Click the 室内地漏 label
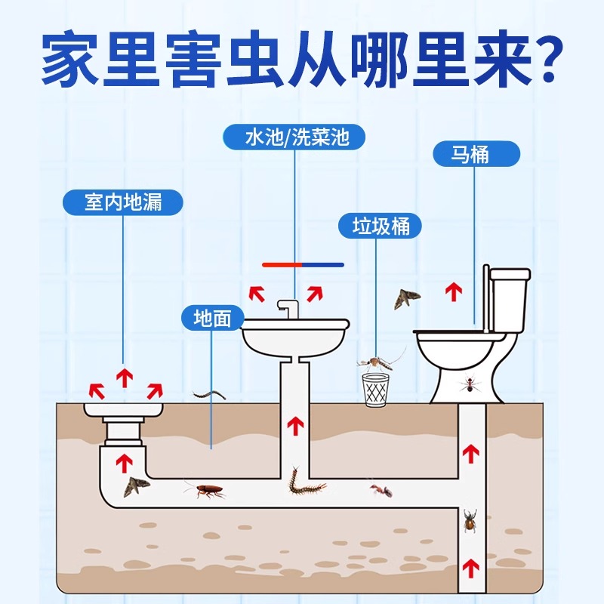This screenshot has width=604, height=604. point(123,202)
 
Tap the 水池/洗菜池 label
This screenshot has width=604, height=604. point(294,138)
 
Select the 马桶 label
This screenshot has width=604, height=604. point(476,155)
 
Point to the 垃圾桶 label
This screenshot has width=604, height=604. point(381,226)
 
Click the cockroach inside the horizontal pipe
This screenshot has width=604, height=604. point(205,492)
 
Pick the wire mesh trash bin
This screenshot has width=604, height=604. point(375,390)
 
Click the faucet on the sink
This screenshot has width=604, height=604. point(288,309)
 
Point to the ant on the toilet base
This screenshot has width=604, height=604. point(469,385)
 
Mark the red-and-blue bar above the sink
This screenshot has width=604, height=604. point(303,265)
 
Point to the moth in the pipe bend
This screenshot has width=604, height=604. point(137,487)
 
